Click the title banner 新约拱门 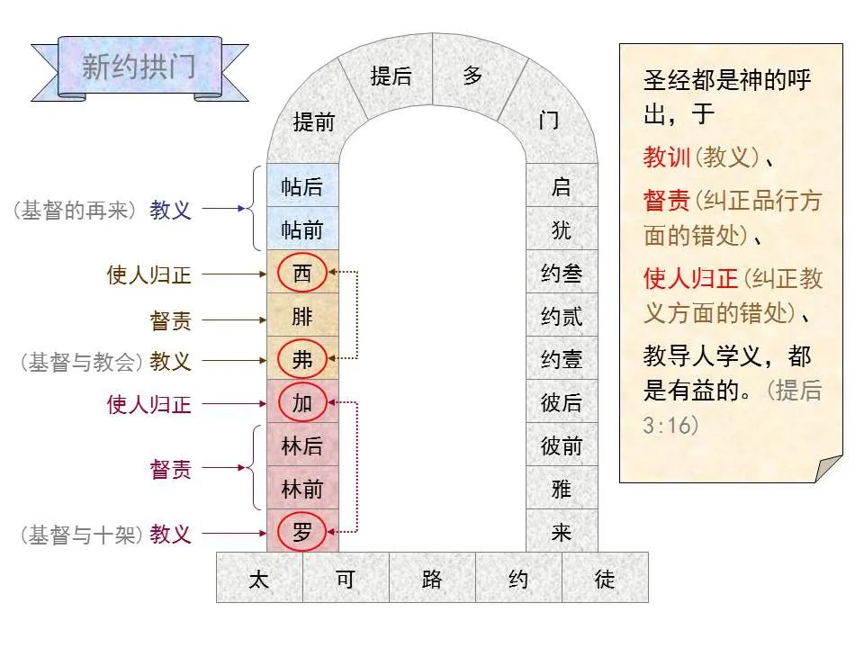pyautogui.click(x=139, y=67)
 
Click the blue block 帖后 pyautogui.click(x=302, y=185)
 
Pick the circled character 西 pyautogui.click(x=302, y=273)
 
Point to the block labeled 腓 pyautogui.click(x=302, y=315)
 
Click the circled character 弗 pyautogui.click(x=302, y=359)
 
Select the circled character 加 pyautogui.click(x=302, y=403)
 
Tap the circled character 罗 pyautogui.click(x=302, y=532)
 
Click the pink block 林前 pyautogui.click(x=302, y=488)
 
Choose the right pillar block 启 pyautogui.click(x=562, y=185)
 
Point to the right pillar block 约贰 pyautogui.click(x=562, y=315)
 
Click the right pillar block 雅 pyautogui.click(x=562, y=488)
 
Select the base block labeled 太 pyautogui.click(x=259, y=578)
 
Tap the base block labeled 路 pyautogui.click(x=432, y=578)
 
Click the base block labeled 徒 pyautogui.click(x=605, y=578)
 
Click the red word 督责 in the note pyautogui.click(x=666, y=200)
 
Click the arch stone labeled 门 pyautogui.click(x=549, y=119)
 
